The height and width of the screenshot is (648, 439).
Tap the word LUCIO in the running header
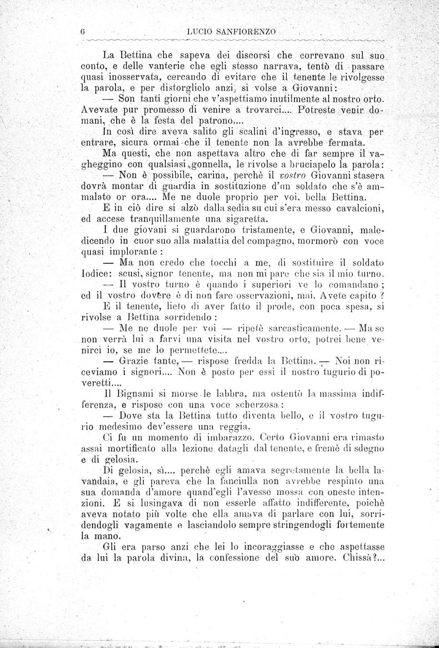coord(198,32)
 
